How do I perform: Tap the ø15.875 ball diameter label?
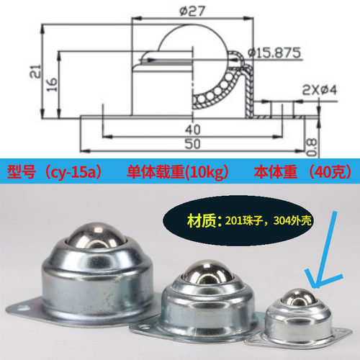click(x=274, y=52)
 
